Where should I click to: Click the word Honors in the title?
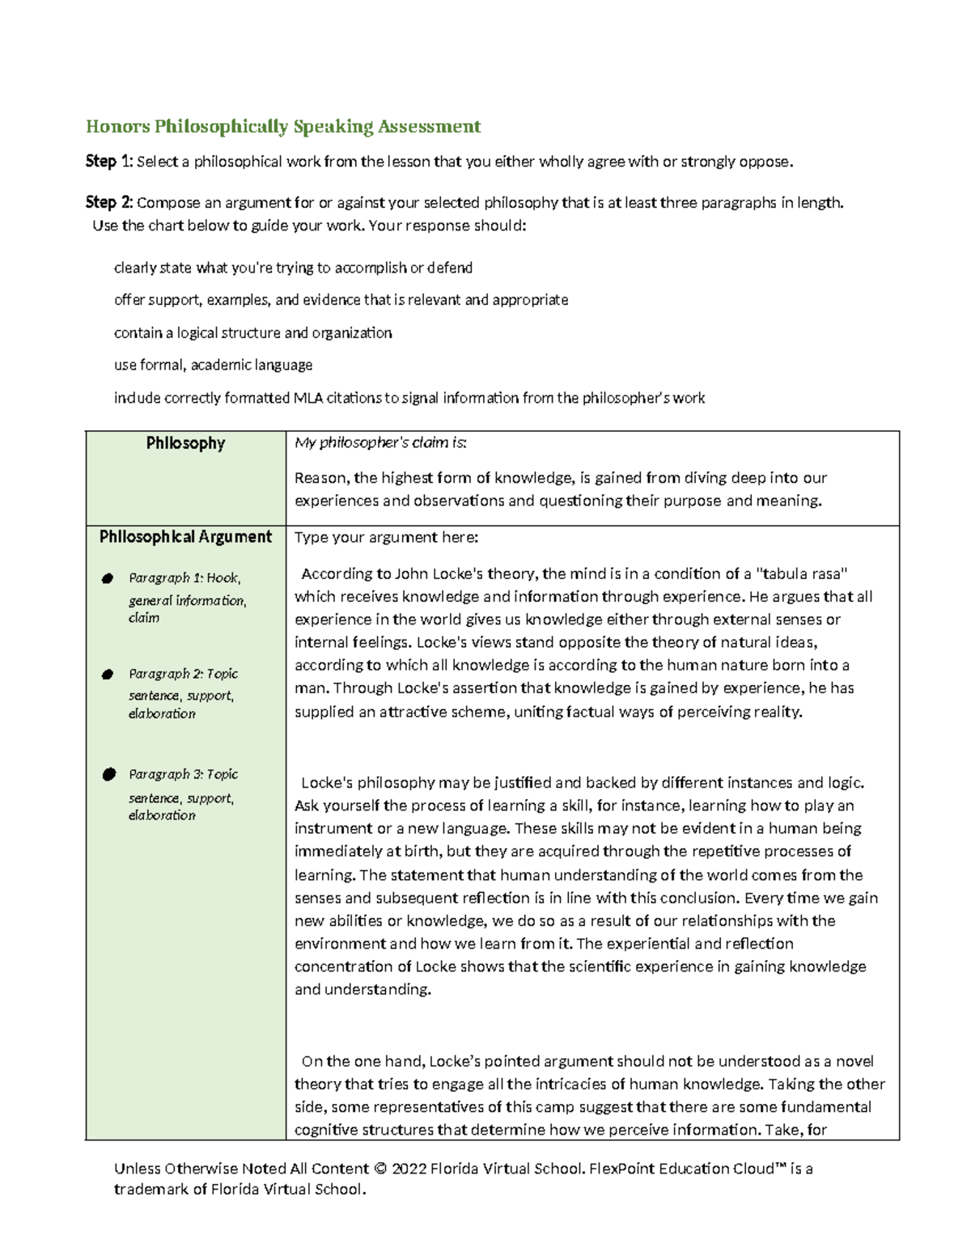pos(118,126)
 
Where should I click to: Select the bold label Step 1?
pos(109,162)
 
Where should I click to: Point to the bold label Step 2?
pos(109,202)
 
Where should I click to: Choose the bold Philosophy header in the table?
pos(185,443)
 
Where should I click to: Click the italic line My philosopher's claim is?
pos(380,442)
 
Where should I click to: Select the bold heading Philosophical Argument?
pos(185,537)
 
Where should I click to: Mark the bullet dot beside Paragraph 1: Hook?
pos(108,578)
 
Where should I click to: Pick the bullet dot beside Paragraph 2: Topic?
pos(108,675)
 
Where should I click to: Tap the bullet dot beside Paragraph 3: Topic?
pos(108,775)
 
